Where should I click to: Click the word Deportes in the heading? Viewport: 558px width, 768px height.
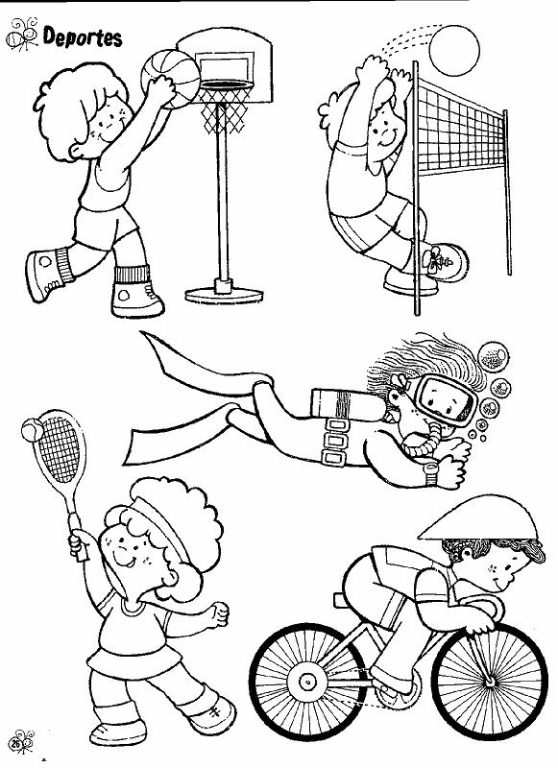coord(83,37)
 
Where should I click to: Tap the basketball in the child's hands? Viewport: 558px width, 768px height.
coord(170,79)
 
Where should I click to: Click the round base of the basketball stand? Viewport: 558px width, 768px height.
coord(224,295)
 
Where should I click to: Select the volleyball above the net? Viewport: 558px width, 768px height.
coord(454,50)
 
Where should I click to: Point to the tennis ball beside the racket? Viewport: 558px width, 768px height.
coord(33,430)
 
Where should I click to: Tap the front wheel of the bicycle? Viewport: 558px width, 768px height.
coord(490,680)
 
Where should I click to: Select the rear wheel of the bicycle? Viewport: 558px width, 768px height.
coord(308,681)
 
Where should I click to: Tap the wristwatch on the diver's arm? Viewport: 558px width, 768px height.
coord(430,473)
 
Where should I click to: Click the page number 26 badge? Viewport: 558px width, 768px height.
coord(16,743)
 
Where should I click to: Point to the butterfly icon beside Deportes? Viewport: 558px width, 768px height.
coord(21,35)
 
